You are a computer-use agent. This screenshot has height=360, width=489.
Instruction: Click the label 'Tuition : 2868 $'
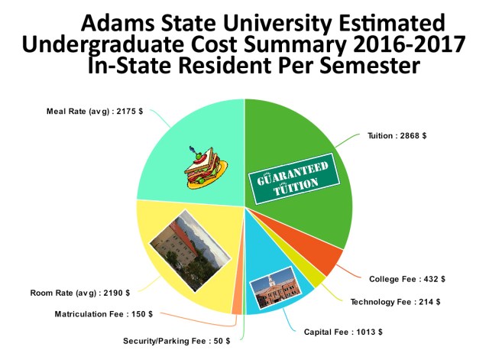point(397,135)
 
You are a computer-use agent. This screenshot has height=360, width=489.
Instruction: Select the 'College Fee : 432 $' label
point(407,279)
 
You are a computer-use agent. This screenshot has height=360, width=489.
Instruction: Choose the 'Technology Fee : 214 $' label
point(396,302)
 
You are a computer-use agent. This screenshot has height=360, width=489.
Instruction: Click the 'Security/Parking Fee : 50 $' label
point(176,340)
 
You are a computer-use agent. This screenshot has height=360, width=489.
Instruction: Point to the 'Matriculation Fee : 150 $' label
point(104,314)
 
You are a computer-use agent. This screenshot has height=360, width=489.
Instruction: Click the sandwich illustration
point(202,168)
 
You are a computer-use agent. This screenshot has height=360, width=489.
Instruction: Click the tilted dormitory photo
point(186,249)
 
